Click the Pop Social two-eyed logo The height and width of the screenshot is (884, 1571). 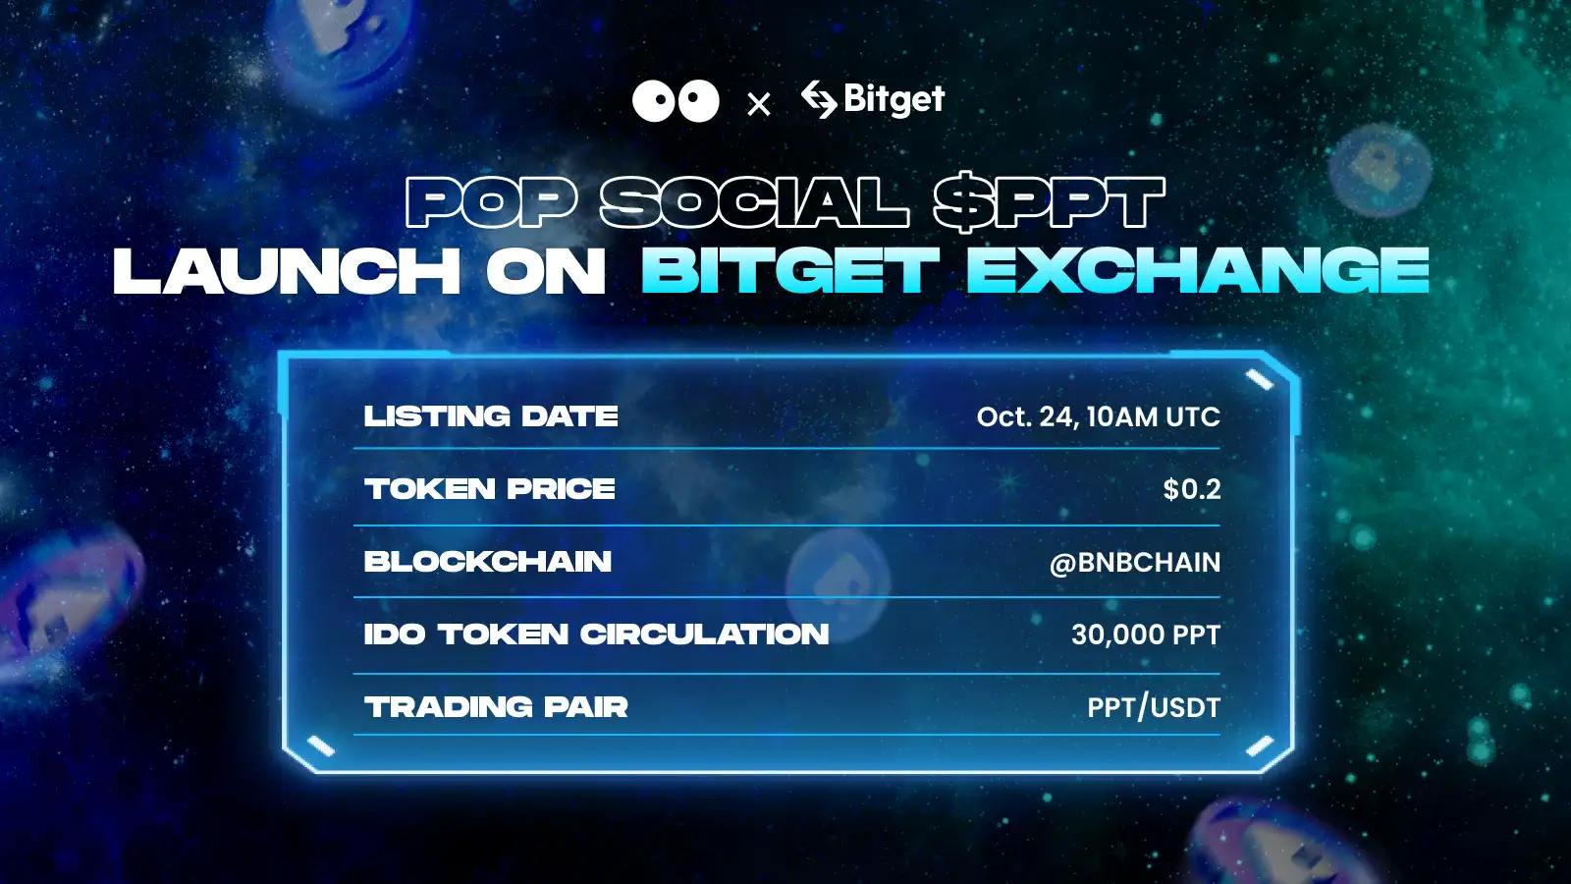pos(676,101)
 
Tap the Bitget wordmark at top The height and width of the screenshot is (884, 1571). pos(894,99)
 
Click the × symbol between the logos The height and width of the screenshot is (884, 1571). pos(758,104)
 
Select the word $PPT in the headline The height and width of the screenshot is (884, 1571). pos(1048,202)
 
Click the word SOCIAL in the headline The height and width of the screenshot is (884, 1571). pos(754,202)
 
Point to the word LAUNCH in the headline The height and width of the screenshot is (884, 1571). pos(287,272)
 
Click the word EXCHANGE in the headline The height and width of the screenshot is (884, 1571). pos(1198,272)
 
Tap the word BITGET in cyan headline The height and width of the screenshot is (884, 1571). pos(790,272)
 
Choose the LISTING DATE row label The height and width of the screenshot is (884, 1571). pos(491,416)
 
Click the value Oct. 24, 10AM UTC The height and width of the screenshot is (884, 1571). pos(1098,416)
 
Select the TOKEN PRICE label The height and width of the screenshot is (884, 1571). pos(490,489)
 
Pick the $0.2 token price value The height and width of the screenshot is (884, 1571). pos(1191,489)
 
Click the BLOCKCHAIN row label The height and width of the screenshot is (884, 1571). pos(488,562)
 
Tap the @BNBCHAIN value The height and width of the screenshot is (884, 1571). pos(1135,563)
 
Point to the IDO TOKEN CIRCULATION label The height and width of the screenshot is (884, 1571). pos(596,635)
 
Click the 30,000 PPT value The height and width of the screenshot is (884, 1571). pos(1145,635)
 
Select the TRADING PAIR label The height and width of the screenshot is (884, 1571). pos(496,707)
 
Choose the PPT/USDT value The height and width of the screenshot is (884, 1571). pos(1153,707)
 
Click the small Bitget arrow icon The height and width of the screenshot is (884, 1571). pos(819,98)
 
